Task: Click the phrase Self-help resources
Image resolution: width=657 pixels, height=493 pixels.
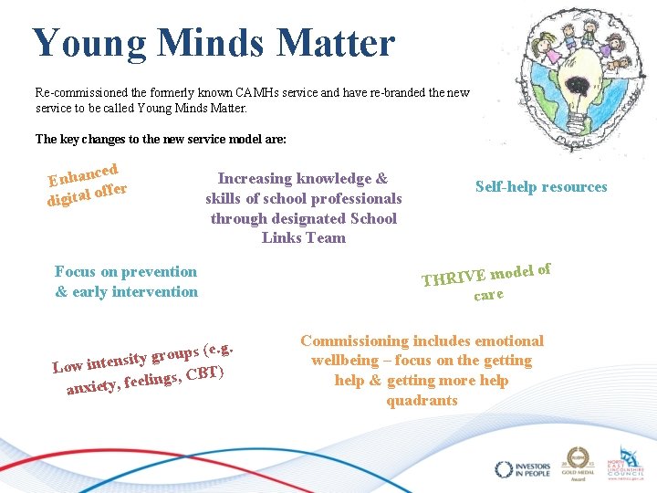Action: pyautogui.click(x=541, y=186)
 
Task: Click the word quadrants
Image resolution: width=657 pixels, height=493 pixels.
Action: pyautogui.click(x=422, y=400)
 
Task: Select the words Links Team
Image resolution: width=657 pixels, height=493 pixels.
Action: pyautogui.click(x=304, y=237)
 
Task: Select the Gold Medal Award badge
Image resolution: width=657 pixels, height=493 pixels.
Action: pyautogui.click(x=579, y=464)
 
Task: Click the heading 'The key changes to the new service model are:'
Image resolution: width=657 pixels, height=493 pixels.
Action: pyautogui.click(x=161, y=140)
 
